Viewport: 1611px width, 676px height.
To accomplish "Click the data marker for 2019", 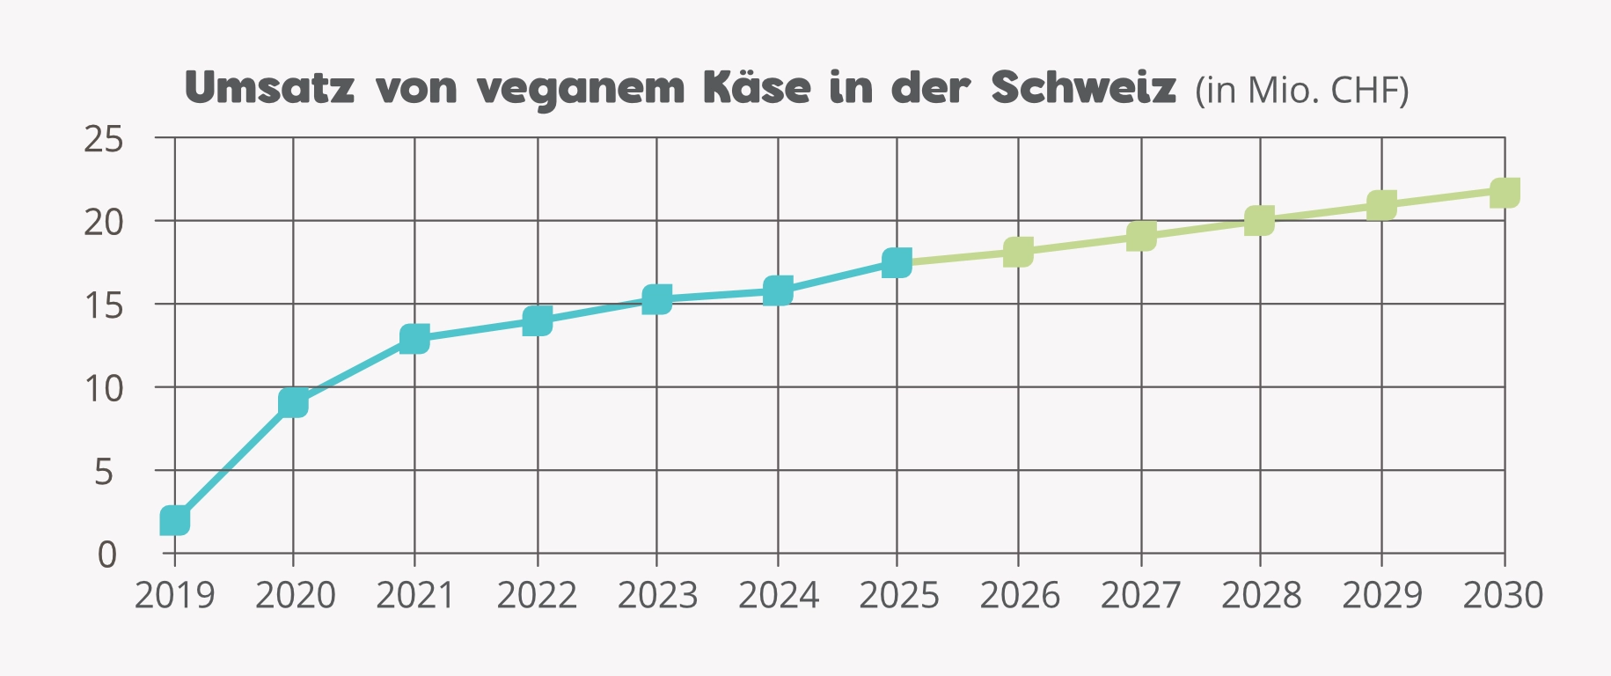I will tap(175, 520).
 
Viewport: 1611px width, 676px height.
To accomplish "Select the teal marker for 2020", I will tap(293, 402).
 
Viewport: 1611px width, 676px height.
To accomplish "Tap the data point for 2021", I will tap(414, 338).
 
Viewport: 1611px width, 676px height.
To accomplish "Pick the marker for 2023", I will tap(656, 299).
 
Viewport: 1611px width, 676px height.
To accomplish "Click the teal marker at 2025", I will tap(897, 262).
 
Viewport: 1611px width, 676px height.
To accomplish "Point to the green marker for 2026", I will tap(1018, 252).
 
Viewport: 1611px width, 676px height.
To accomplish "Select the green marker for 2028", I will tap(1260, 220).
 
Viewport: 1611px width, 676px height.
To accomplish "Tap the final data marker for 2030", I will tap(1505, 192).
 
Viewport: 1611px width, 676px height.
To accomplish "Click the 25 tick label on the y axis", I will tap(103, 139).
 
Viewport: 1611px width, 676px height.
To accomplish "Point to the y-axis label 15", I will tap(103, 305).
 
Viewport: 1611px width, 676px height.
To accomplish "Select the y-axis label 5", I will tap(104, 473).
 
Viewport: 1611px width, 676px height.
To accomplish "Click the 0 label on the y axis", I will tap(106, 555).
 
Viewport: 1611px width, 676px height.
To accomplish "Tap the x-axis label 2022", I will tap(537, 596).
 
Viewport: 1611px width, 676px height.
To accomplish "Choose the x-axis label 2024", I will tap(778, 596).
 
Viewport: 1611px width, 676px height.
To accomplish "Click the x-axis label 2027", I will tap(1140, 596).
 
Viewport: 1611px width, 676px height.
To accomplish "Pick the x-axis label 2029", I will tap(1381, 596).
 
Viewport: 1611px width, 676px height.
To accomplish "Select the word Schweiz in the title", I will tap(1083, 87).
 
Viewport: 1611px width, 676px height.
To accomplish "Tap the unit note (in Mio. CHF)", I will tap(1301, 90).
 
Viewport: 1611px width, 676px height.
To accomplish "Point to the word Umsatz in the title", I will tap(270, 87).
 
